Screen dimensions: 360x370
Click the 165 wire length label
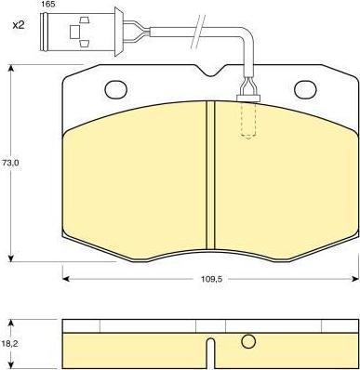47,5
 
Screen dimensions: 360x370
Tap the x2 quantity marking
19,25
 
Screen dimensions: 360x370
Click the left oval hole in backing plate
116,89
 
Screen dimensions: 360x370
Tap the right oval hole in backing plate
305,89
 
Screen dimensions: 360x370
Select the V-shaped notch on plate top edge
210,71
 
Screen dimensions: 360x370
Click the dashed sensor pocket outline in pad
248,120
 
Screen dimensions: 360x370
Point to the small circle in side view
248,341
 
